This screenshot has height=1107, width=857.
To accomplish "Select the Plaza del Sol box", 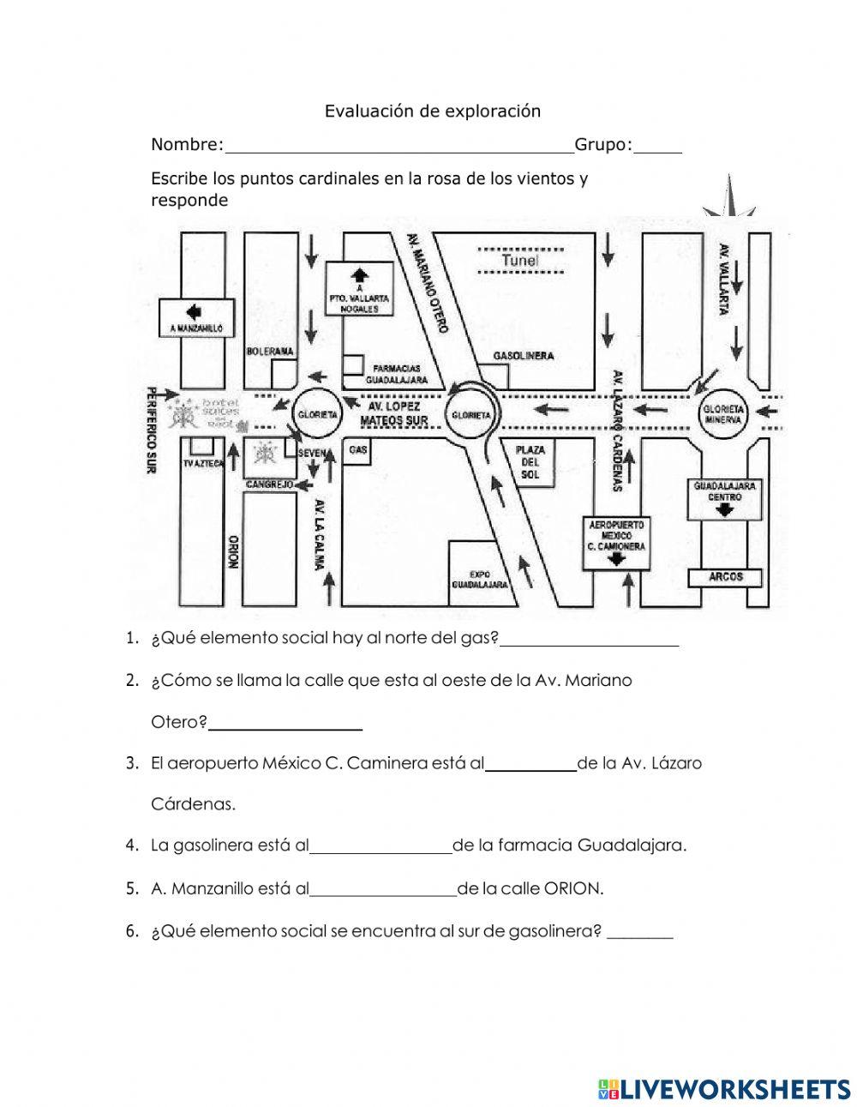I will pyautogui.click(x=530, y=462).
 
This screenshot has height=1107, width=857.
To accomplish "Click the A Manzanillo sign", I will pyautogui.click(x=196, y=316).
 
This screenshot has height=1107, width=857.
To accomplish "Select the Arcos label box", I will pyautogui.click(x=725, y=577).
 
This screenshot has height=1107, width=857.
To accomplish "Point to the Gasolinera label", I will pyautogui.click(x=523, y=355).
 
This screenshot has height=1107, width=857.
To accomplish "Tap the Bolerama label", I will pyautogui.click(x=269, y=352).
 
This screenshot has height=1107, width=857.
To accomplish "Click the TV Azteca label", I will pyautogui.click(x=203, y=464).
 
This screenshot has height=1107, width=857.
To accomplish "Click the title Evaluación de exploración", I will pyautogui.click(x=432, y=111).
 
